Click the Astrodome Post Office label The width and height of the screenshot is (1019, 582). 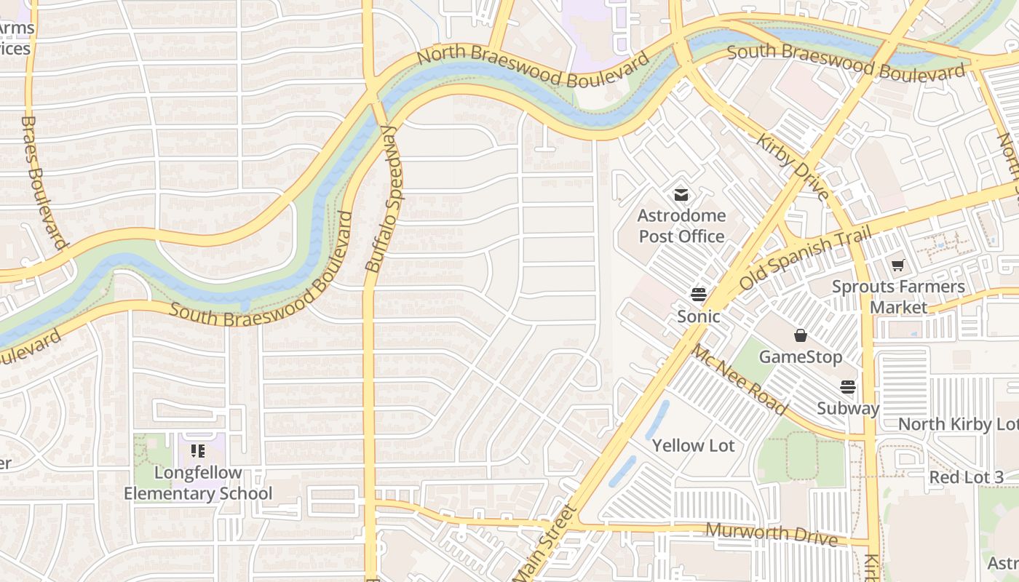tap(681, 226)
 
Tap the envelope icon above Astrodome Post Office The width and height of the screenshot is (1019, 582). tap(681, 195)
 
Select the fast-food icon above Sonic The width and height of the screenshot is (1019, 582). tap(699, 295)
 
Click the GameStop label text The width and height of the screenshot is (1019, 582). tap(800, 356)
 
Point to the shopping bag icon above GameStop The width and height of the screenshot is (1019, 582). tap(801, 335)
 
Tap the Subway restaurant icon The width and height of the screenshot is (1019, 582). tap(848, 387)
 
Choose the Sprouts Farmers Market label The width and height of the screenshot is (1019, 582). tap(898, 296)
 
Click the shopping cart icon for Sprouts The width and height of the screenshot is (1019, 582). tap(898, 266)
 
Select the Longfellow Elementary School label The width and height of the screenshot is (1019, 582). tap(198, 483)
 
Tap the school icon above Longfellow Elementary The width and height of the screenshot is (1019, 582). tap(198, 451)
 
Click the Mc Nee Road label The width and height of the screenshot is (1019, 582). tap(739, 379)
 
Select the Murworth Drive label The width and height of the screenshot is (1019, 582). tap(771, 533)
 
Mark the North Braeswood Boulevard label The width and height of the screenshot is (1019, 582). tap(533, 65)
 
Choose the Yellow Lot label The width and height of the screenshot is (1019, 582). tap(693, 445)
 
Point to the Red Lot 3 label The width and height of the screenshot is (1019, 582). tap(966, 477)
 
